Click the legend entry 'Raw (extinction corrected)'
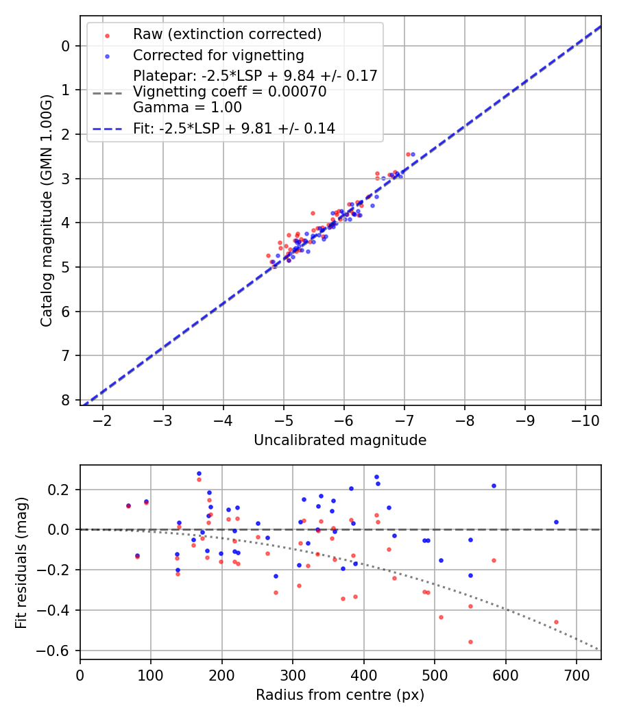[x=227, y=34]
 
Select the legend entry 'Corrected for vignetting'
[x=218, y=55]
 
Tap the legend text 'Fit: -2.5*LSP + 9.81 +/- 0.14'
[x=234, y=128]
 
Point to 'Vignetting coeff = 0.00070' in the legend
[x=230, y=91]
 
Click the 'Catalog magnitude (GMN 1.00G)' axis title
[x=46, y=210]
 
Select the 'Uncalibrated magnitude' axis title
[x=340, y=440]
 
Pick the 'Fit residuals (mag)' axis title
[x=21, y=562]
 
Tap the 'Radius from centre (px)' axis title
[x=340, y=695]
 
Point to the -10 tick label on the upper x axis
[x=585, y=420]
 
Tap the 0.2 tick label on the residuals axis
[x=60, y=490]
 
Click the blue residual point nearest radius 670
[x=556, y=522]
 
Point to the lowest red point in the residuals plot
[x=470, y=642]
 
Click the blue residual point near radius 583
[x=494, y=485]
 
